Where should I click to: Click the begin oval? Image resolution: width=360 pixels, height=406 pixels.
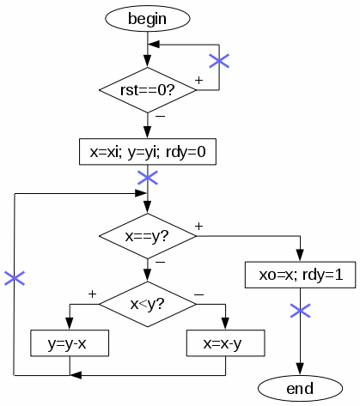(x=148, y=19)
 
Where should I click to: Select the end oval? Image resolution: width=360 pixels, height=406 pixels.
(x=300, y=388)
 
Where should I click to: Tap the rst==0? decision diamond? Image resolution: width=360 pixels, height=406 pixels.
(x=148, y=90)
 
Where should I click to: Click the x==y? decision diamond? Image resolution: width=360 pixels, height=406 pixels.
(x=148, y=236)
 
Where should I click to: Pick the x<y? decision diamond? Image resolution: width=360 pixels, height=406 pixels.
(x=148, y=304)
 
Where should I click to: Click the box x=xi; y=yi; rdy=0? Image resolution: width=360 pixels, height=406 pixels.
(x=148, y=152)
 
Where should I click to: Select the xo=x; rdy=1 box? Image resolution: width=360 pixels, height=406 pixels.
(x=300, y=275)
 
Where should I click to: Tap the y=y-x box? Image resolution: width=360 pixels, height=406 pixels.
(x=70, y=343)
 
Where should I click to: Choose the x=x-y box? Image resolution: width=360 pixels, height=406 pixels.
(x=225, y=343)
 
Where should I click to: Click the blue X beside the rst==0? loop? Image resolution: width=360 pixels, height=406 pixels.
(x=219, y=61)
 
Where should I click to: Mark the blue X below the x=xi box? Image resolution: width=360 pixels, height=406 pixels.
(x=148, y=178)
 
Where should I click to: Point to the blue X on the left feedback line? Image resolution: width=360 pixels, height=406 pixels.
(x=15, y=278)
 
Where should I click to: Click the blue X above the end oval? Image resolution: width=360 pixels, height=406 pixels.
(x=300, y=311)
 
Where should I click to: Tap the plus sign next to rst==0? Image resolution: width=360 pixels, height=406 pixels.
(x=198, y=80)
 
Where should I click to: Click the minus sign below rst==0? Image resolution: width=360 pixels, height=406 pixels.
(x=160, y=116)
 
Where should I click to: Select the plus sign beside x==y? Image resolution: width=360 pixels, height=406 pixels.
(x=198, y=227)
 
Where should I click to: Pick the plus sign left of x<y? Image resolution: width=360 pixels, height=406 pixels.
(x=92, y=294)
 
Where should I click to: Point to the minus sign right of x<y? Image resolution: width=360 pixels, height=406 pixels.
(x=199, y=294)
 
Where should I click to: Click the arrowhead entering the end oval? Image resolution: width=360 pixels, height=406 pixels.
(x=300, y=369)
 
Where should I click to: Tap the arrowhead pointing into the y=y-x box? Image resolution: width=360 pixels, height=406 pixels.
(x=70, y=324)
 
